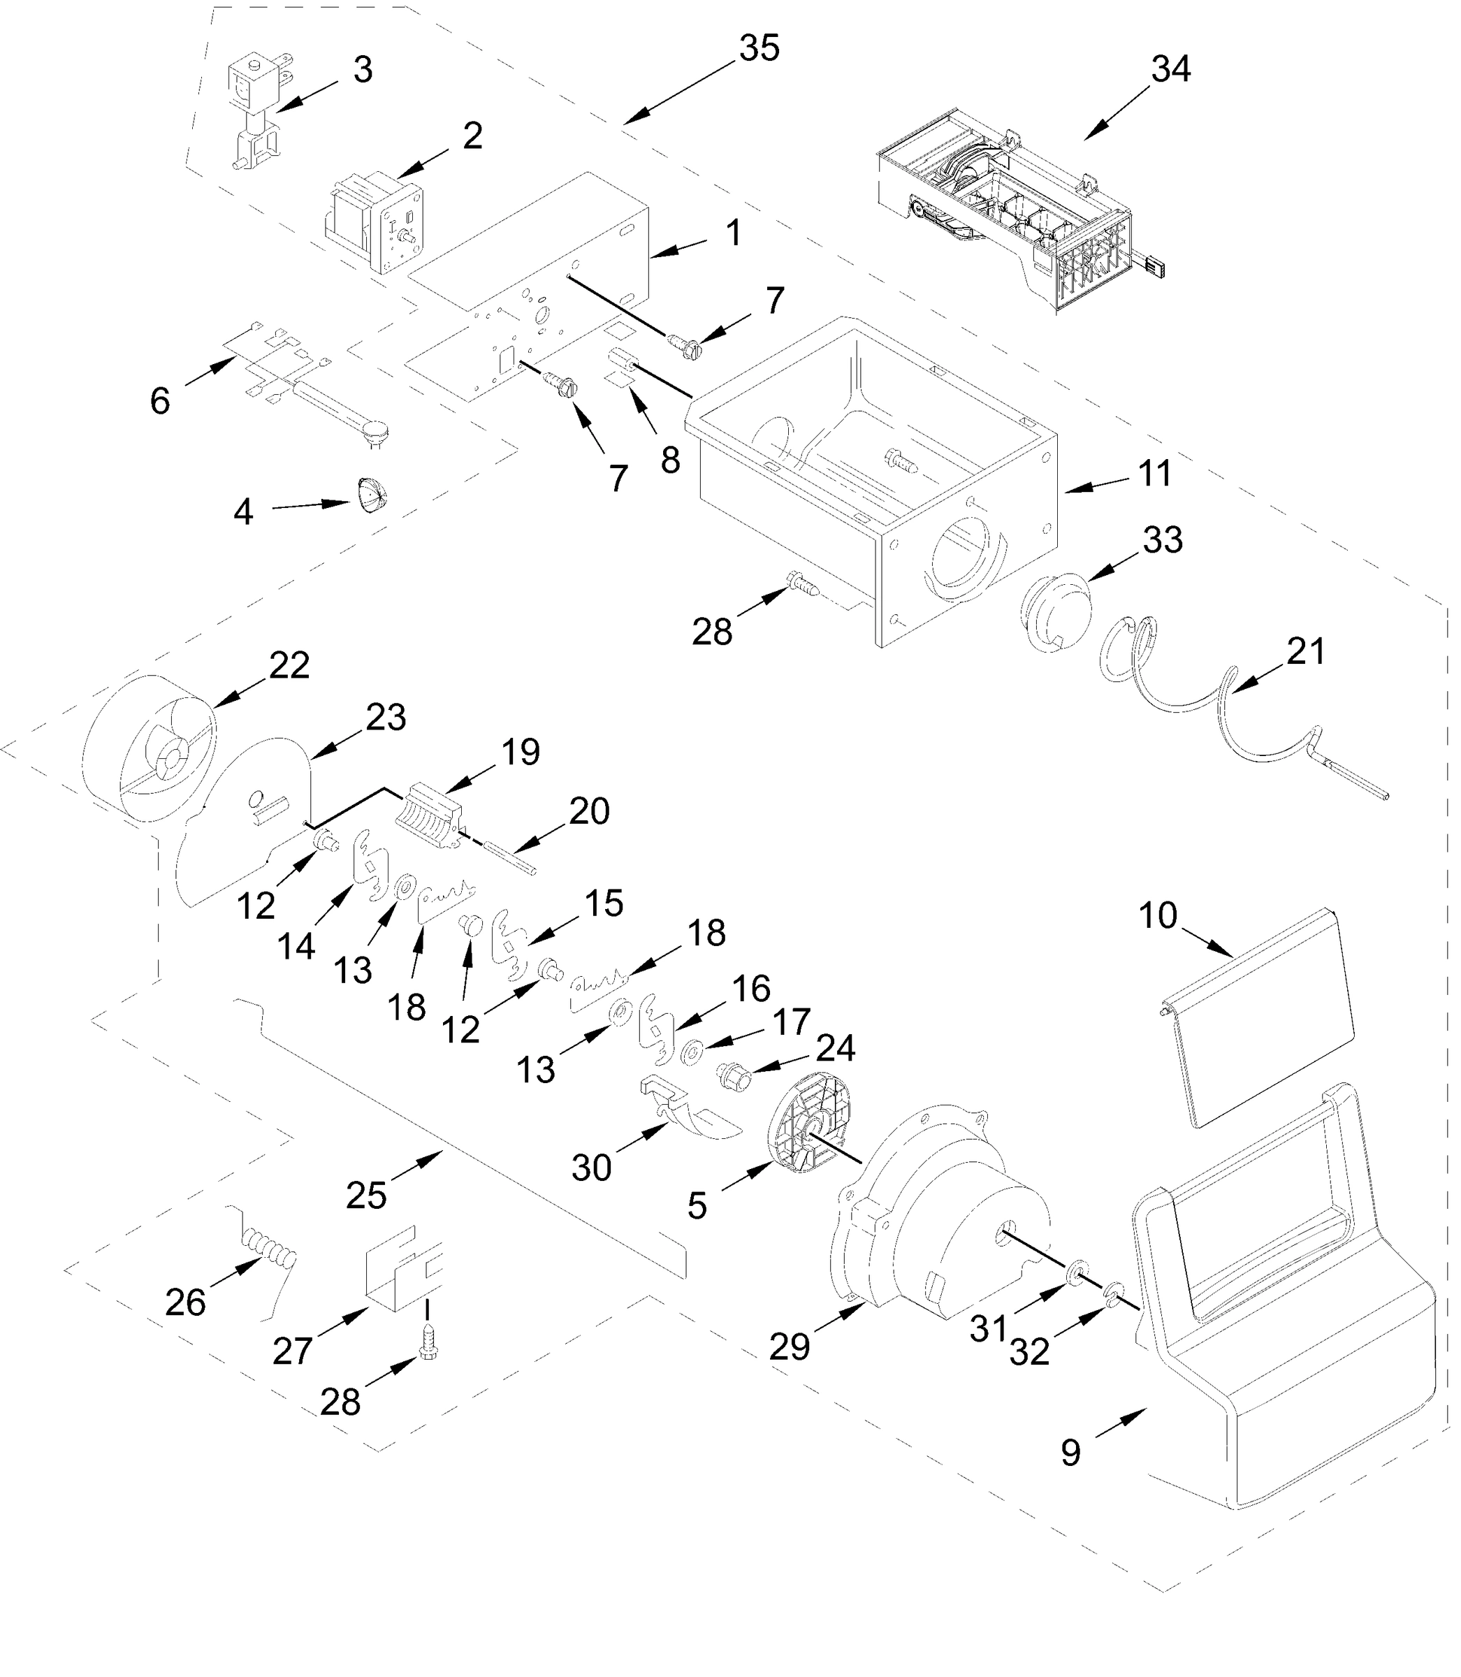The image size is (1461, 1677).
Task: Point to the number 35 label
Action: coord(759,49)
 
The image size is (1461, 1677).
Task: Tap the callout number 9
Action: coord(1070,1453)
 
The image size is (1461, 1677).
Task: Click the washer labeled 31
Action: coord(1075,1271)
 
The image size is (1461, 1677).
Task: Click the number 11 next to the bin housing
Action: coord(1154,474)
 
